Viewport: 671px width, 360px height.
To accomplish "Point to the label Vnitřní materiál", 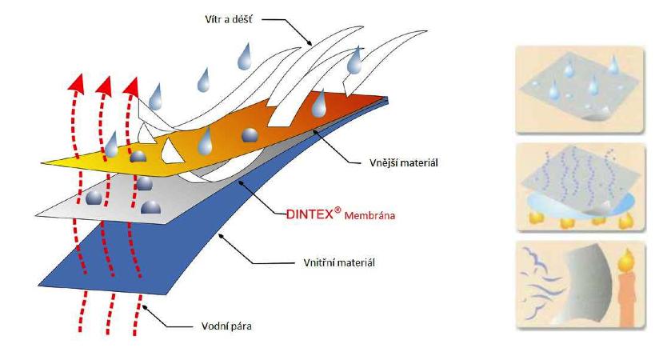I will [318, 261].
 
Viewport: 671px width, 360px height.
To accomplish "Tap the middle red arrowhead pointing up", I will [105, 82].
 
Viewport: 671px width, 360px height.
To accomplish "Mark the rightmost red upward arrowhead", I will [132, 82].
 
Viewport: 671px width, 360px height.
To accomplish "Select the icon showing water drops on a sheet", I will [577, 88].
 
